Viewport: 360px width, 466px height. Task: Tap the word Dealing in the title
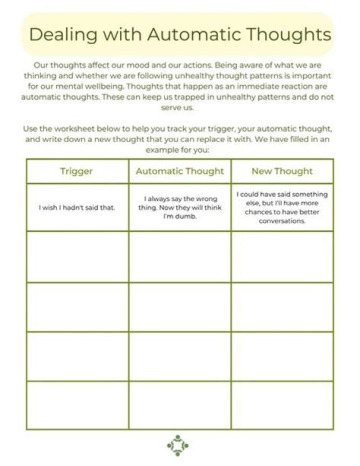(x=62, y=35)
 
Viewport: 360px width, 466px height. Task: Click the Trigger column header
(x=76, y=171)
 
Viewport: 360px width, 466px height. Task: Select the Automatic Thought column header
(x=180, y=171)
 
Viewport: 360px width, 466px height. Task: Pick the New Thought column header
(x=282, y=171)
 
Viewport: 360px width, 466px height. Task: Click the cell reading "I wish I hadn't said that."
(x=77, y=207)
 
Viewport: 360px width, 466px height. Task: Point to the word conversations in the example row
(x=282, y=221)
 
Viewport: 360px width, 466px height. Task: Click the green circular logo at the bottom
(x=177, y=445)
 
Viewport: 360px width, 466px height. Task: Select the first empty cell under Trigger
(x=77, y=256)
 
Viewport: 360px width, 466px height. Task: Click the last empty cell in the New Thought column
(x=282, y=405)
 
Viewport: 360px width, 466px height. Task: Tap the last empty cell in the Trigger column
(x=77, y=405)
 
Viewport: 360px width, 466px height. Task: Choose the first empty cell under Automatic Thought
(x=180, y=256)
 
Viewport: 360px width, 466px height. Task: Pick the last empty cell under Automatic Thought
(x=180, y=405)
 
